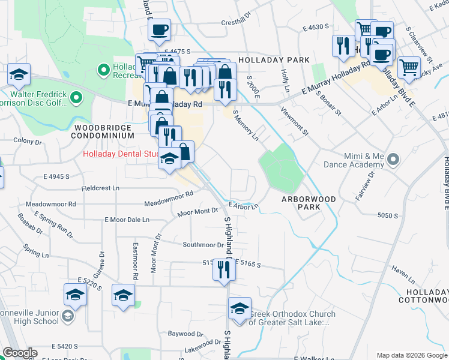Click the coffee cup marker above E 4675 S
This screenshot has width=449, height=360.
pos(159,30)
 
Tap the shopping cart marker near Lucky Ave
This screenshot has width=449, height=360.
pos(409,68)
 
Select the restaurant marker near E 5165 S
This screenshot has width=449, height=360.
pos(224,268)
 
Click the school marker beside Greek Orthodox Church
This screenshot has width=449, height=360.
pos(240,309)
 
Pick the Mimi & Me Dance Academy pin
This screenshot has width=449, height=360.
pos(393,160)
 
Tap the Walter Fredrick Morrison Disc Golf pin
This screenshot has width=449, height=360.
pos(76,97)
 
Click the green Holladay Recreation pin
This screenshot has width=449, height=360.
pos(103,70)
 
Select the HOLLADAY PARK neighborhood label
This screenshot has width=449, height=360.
pos(274,60)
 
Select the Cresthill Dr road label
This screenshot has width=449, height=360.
pos(239,22)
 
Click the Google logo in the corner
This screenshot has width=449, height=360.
pos(20,353)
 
